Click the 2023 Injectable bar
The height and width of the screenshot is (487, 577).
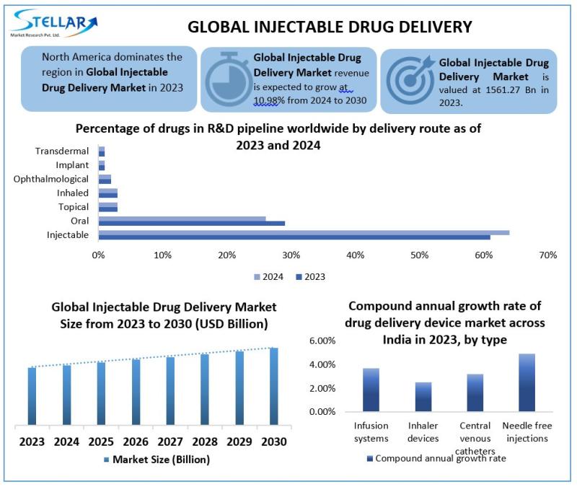click(294, 237)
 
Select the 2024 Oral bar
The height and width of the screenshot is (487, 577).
click(182, 219)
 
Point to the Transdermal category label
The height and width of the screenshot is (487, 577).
click(62, 151)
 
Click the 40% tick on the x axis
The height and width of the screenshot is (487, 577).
click(355, 255)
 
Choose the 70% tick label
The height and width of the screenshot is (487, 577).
click(547, 255)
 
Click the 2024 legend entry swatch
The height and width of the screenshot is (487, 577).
click(256, 276)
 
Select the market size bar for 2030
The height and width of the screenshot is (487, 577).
click(274, 386)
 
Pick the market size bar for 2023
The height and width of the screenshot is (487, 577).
click(31, 396)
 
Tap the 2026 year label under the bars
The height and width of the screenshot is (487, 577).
click(136, 441)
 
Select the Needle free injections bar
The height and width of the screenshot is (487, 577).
click(527, 382)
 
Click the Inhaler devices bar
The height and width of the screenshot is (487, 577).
click(423, 397)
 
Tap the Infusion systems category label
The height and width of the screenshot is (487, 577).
click(371, 431)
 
